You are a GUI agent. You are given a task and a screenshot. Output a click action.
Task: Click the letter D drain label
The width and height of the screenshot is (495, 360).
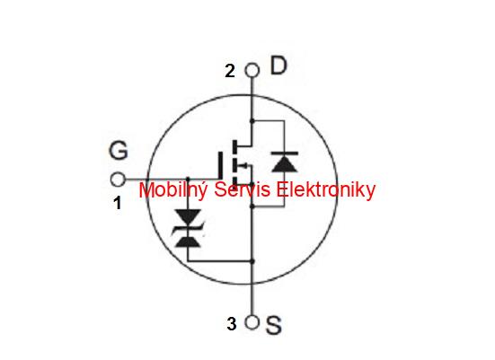(278, 66)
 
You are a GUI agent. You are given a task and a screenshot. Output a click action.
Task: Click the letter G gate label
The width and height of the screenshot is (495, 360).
(119, 150)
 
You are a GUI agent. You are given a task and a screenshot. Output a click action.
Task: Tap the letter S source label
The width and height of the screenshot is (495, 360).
(273, 325)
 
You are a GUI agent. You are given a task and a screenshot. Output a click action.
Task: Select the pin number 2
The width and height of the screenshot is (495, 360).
(230, 71)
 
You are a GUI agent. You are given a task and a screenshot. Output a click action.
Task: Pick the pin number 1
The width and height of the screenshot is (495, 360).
(118, 203)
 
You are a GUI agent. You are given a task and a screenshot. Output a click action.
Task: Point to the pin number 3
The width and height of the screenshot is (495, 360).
(232, 324)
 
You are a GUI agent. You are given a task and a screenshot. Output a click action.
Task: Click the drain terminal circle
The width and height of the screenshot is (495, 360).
(252, 70)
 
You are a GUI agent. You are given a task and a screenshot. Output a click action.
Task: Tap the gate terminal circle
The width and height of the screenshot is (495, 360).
(118, 180)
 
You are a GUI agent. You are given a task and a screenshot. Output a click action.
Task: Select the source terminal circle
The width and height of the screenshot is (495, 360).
(252, 322)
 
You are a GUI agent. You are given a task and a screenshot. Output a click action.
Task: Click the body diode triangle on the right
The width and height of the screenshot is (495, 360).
(285, 163)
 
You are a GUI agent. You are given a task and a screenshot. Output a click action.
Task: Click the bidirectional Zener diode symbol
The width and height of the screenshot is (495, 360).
(188, 228)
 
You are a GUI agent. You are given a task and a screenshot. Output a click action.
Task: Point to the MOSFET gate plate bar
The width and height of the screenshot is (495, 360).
(220, 166)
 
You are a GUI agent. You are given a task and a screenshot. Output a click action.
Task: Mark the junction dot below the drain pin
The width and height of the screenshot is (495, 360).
(252, 121)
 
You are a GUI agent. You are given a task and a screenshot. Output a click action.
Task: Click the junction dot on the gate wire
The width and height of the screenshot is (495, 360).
(188, 180)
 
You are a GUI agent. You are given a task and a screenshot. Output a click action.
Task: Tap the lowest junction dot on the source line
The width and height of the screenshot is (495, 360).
(252, 261)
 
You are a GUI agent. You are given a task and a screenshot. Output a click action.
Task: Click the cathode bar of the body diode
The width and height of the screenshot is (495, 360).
(285, 154)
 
